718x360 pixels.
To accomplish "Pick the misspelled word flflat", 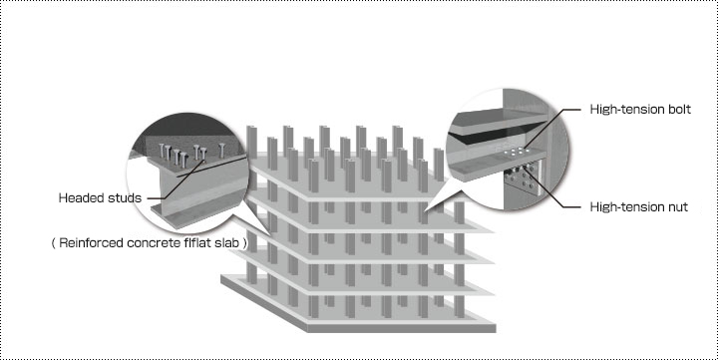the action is [x=197, y=242].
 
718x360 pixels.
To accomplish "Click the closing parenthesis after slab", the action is [x=245, y=242].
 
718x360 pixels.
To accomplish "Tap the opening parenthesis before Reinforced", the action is [x=54, y=242].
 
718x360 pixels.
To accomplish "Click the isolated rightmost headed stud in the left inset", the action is [x=222, y=151].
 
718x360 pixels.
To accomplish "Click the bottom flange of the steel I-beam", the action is [x=196, y=216].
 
